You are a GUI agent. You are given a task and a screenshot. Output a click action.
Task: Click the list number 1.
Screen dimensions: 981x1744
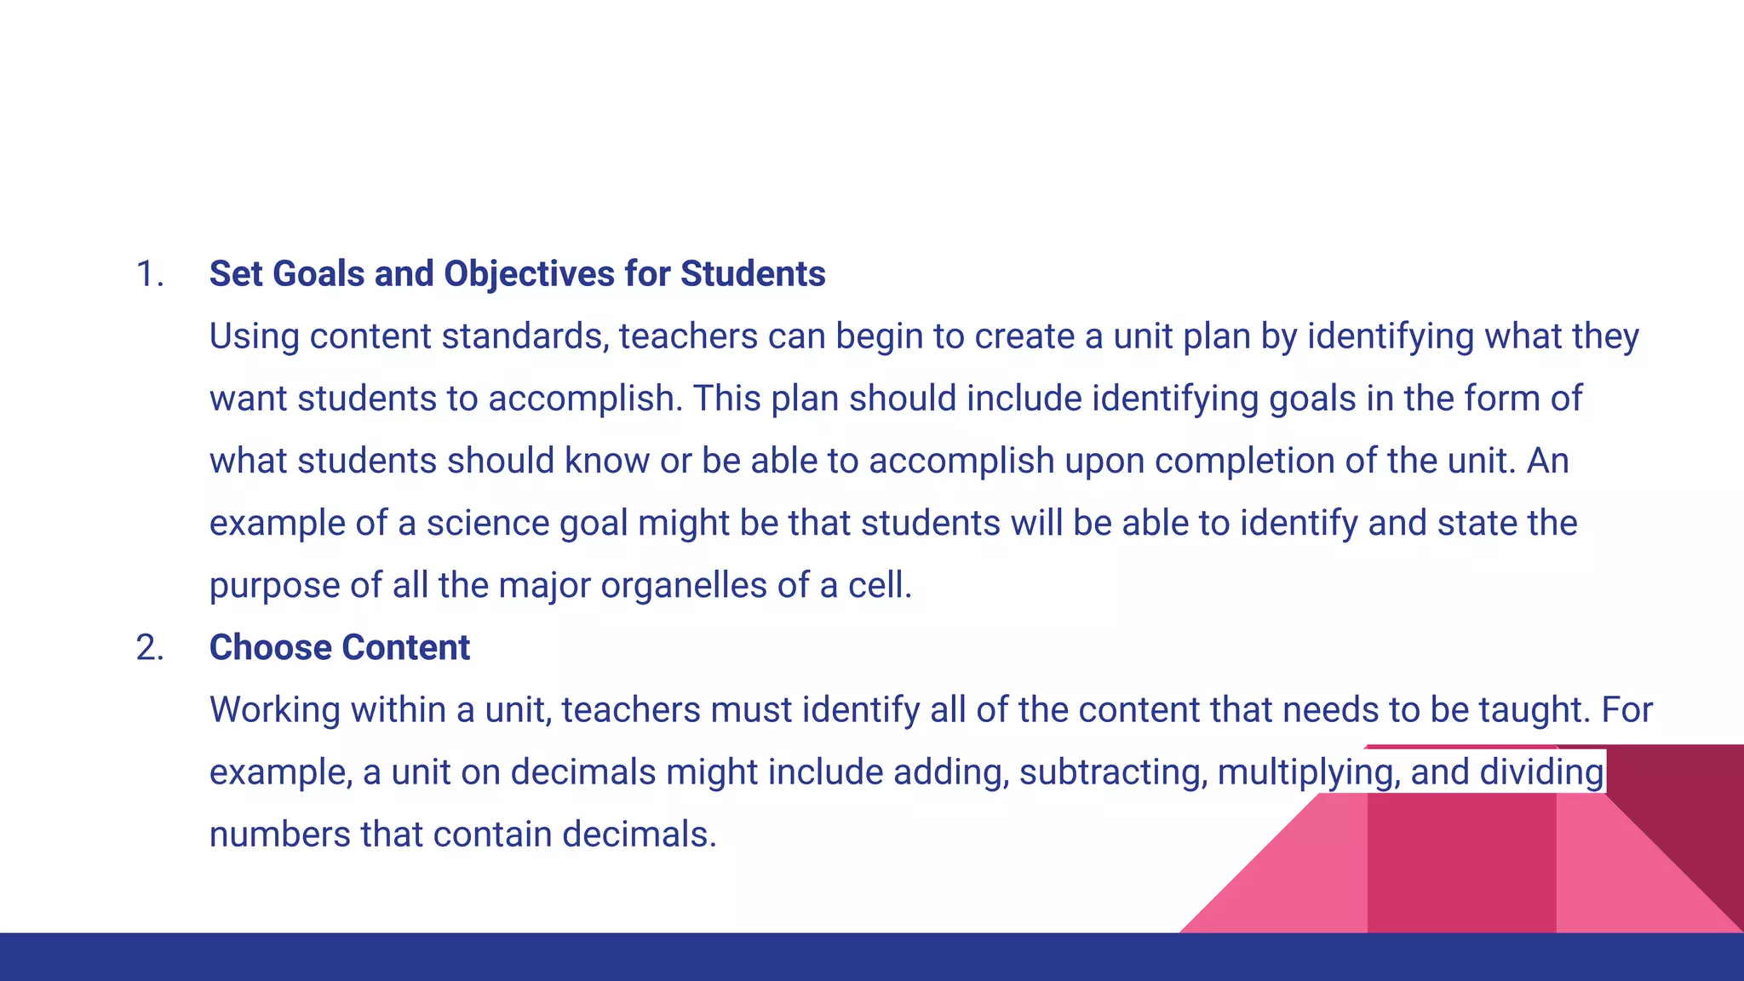click(x=149, y=274)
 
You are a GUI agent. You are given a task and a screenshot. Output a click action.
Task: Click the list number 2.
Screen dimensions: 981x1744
click(x=149, y=648)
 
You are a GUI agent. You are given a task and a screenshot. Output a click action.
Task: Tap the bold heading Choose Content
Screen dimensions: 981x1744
click(x=339, y=648)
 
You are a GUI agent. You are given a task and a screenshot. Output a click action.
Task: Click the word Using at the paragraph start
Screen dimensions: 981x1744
click(x=254, y=336)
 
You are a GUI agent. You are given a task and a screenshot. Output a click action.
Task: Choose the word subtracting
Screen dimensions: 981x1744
click(x=1112, y=772)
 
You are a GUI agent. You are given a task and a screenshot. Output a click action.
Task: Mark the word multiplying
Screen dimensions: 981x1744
click(x=1308, y=772)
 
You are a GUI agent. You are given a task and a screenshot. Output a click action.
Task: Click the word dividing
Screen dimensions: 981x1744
click(x=1541, y=772)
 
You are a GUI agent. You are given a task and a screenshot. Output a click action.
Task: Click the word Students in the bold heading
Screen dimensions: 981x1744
click(x=752, y=274)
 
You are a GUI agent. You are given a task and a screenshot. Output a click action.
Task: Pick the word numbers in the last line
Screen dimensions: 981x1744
click(x=279, y=835)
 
